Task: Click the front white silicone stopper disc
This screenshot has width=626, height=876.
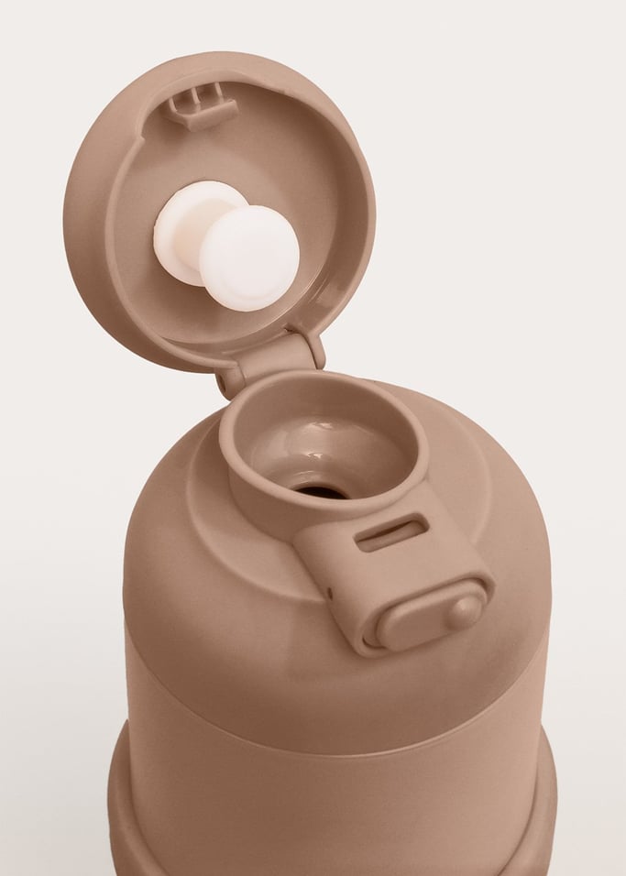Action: [250, 257]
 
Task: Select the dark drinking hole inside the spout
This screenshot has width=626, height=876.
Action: [324, 492]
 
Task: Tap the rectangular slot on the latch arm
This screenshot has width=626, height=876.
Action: [391, 532]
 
